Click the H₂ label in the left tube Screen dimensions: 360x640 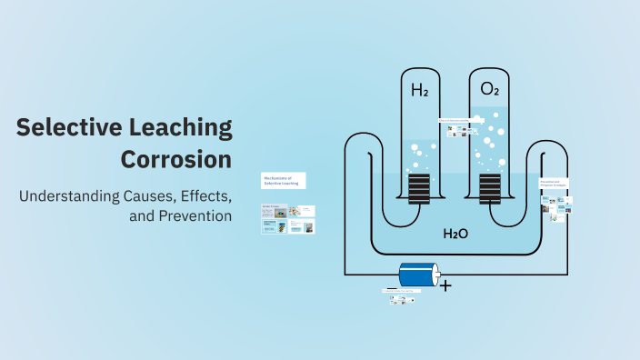coord(420,90)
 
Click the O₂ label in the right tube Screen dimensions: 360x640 coord(490,89)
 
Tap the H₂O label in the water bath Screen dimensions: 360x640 coord(455,234)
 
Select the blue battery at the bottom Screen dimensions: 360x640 coord(415,274)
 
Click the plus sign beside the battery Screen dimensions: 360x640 coord(445,285)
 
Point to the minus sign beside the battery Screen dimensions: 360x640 coord(391,288)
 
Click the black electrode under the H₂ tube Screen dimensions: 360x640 coord(418,190)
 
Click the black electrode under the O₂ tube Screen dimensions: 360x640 coord(490,190)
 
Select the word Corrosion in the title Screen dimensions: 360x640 coord(176,159)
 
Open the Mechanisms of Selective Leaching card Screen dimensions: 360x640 coord(283,180)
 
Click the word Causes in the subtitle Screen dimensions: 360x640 coord(146,195)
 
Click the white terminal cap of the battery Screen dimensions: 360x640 coord(435,274)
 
